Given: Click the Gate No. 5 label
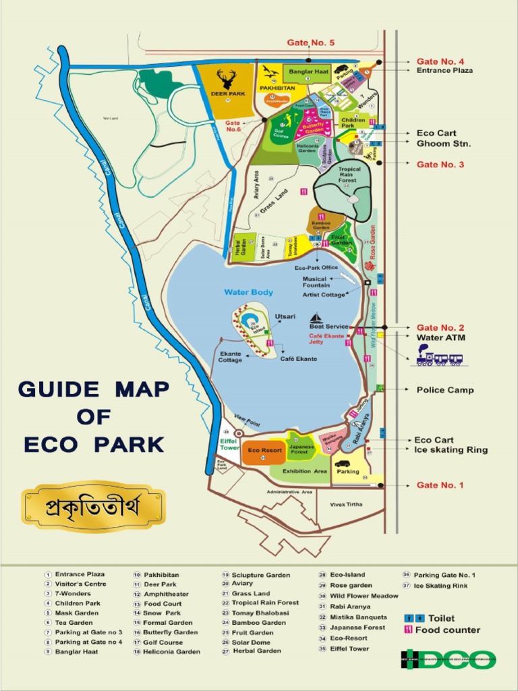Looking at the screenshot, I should point(310,43).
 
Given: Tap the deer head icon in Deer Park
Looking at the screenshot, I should point(226,78).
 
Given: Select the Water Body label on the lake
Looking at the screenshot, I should point(249,292).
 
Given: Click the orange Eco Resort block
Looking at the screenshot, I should point(264,450).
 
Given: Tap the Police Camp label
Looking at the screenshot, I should point(444,390).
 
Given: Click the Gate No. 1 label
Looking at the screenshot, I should point(440,485).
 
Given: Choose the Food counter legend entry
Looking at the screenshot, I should point(447,630).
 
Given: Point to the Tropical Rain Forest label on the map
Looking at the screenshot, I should point(349,175).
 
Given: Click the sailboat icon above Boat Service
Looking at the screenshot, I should point(316,318).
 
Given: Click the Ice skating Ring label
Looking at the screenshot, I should point(451,449).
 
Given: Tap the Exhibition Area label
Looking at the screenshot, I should point(305,471).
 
